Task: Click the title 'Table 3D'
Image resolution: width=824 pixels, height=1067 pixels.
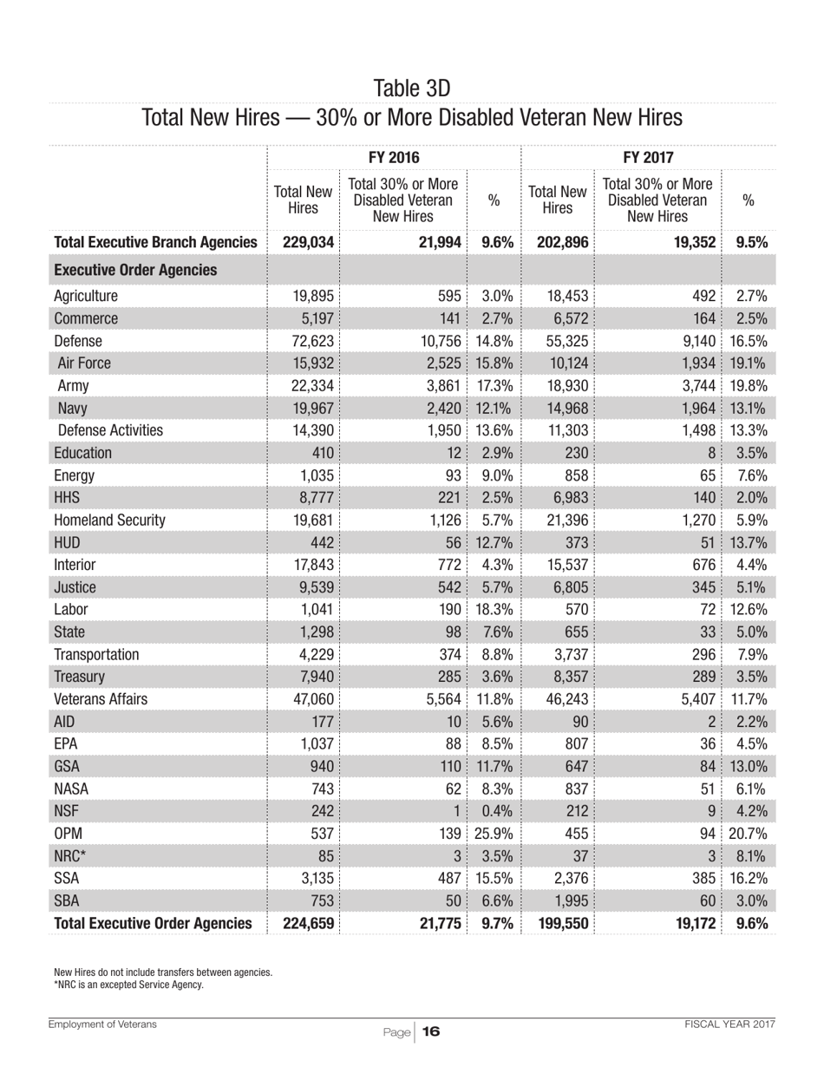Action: (x=411, y=88)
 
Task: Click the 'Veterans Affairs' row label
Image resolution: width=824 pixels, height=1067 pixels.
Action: (x=101, y=698)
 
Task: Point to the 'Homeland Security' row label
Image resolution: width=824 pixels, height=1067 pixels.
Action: (x=109, y=520)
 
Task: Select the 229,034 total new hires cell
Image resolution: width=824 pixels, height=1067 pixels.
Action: (x=308, y=243)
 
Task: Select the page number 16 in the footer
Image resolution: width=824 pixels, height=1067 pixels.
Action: (x=432, y=1031)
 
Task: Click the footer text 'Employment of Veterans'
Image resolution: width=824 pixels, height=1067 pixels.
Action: (x=103, y=1024)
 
